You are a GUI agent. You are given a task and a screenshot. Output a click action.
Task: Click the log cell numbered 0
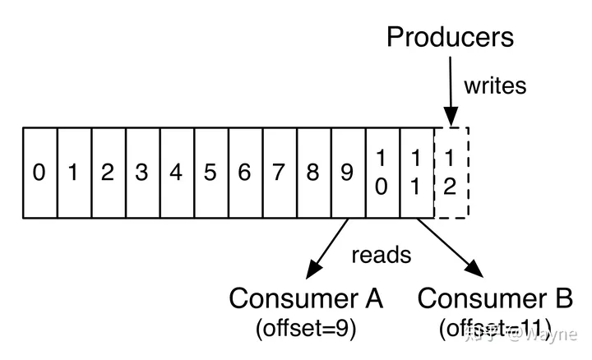39,173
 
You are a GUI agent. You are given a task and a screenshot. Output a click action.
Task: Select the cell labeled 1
74,173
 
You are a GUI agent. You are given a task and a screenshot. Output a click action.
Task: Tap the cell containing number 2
108,173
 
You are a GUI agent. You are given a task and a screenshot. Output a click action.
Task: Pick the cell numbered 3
142,173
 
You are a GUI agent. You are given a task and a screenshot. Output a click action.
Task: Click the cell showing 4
176,173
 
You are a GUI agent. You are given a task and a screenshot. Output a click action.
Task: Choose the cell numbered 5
210,173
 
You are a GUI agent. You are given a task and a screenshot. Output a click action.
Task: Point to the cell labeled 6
245,173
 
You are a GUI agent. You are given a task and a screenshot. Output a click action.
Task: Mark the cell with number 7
279,173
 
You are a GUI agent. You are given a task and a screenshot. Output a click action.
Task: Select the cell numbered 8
313,173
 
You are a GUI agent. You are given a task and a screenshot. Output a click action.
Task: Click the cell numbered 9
348,173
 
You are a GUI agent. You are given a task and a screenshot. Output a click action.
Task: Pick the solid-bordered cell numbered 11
416,173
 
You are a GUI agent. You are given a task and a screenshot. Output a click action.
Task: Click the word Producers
450,37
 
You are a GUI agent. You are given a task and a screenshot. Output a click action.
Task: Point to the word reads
381,254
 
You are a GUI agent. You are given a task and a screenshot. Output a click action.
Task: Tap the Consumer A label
306,297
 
